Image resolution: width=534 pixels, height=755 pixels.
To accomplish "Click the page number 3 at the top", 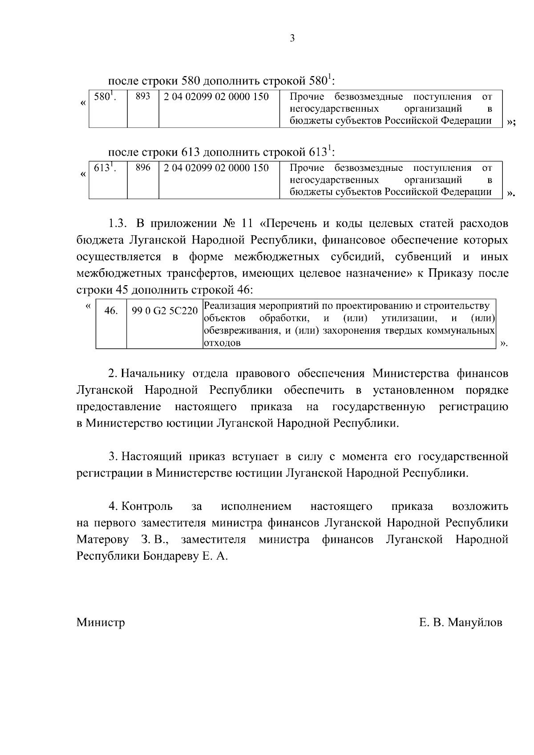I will click(292, 38).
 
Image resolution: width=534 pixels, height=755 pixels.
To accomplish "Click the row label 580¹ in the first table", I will click(105, 96).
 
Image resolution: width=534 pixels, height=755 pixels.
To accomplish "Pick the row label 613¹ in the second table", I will click(105, 168).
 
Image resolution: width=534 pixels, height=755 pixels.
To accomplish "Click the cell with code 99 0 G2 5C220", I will click(164, 311).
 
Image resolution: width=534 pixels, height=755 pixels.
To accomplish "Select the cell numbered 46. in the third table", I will click(111, 311).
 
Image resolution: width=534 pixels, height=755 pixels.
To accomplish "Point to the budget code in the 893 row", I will click(216, 96).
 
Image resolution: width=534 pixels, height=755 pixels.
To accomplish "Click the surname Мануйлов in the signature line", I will click(475, 622).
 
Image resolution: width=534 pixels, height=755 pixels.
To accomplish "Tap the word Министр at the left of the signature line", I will click(101, 622).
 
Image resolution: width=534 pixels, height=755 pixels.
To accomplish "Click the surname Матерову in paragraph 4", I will click(102, 540).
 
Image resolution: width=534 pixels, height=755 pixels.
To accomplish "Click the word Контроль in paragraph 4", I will click(147, 506).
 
